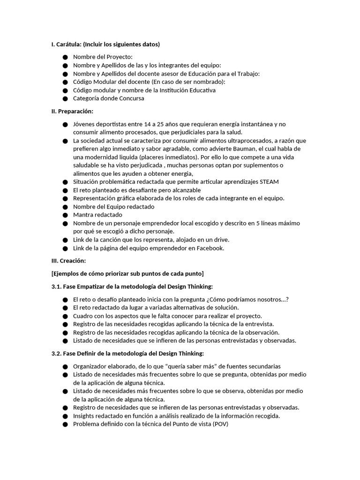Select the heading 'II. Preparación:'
tap(72, 111)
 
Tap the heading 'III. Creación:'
tap(68, 261)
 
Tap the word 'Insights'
tap(84, 416)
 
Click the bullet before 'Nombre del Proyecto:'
tap(65, 57)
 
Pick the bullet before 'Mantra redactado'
tap(65, 215)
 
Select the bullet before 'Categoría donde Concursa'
tap(65, 99)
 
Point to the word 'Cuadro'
tap(83, 316)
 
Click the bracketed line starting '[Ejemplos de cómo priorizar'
tap(127, 274)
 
